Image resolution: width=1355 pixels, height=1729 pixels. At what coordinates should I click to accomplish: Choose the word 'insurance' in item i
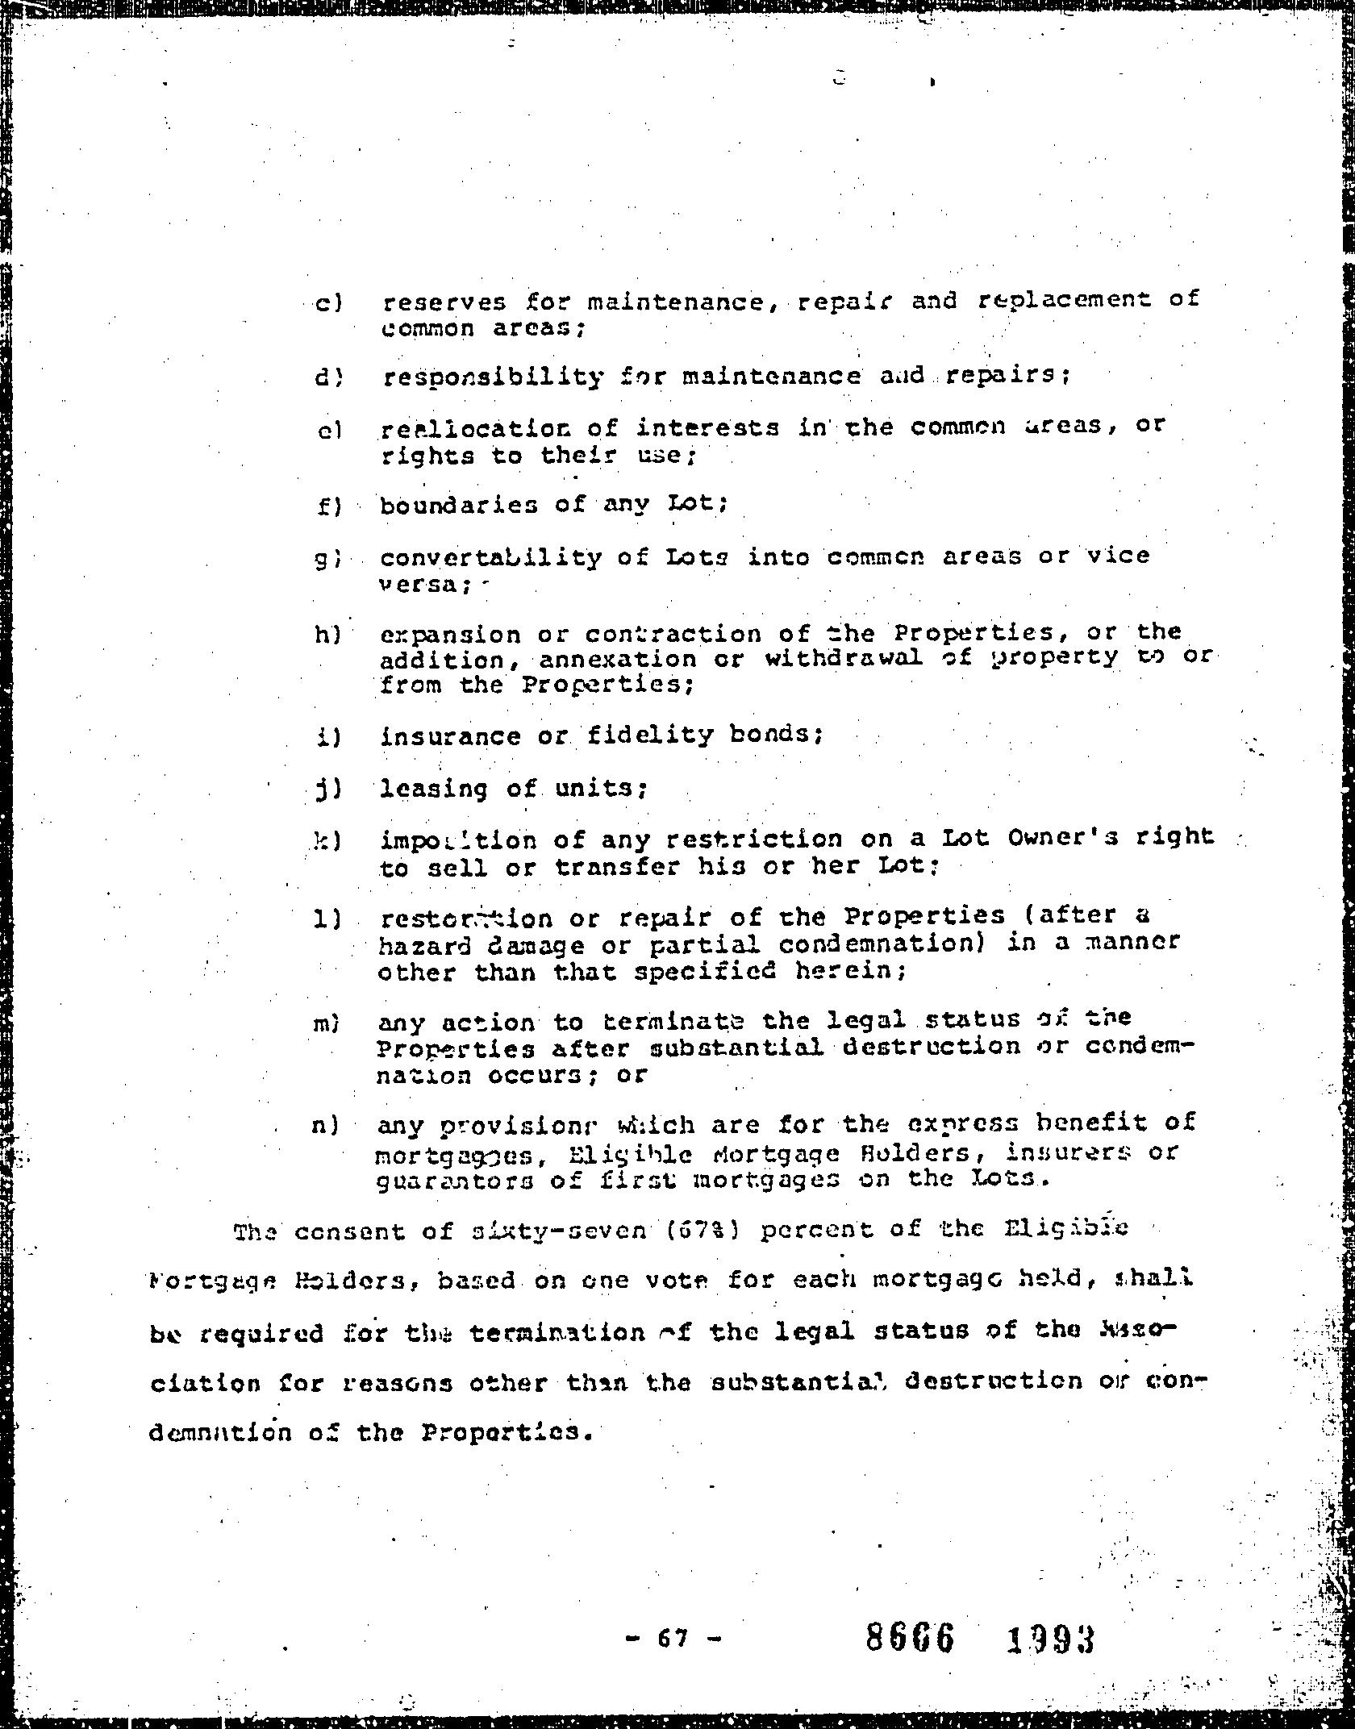(451, 736)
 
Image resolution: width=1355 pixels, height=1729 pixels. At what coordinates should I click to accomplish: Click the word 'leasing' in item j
(434, 788)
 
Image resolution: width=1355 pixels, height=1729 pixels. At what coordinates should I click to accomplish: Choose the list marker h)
(329, 635)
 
